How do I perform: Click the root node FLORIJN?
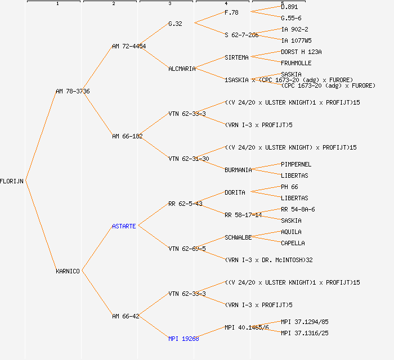click(12, 181)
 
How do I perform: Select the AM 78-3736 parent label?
click(73, 91)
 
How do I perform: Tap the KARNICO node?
click(68, 271)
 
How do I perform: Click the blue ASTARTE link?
click(124, 226)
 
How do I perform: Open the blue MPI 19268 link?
click(183, 339)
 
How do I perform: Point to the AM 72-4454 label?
click(129, 46)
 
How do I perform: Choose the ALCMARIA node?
click(182, 69)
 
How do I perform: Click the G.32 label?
click(175, 24)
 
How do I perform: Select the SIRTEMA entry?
click(236, 57)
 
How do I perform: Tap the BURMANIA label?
click(238, 170)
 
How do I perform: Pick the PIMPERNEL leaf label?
click(296, 164)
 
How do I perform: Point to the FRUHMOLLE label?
click(296, 63)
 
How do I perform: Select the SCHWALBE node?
click(238, 237)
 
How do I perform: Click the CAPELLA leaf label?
click(293, 243)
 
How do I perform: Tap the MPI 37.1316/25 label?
click(305, 333)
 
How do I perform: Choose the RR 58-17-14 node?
click(243, 215)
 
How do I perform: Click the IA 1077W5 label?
click(296, 40)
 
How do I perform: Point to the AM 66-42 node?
click(126, 316)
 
